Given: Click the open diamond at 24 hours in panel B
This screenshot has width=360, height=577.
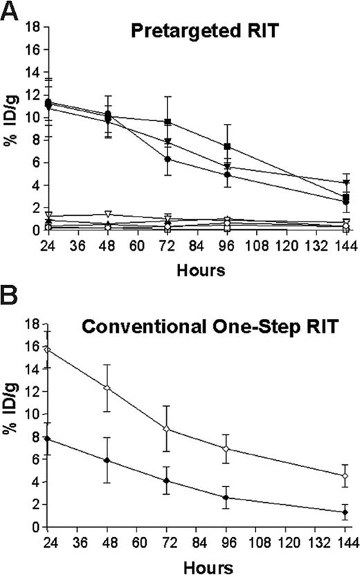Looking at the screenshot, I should coord(47,349).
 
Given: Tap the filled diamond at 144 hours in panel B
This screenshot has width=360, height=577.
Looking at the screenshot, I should coord(345,512).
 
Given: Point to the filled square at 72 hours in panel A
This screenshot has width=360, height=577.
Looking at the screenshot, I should coord(167,122).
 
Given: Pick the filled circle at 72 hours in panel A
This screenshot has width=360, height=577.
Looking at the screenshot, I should coord(167,159).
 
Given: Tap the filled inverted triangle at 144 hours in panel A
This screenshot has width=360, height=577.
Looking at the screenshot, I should coord(345,183).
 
